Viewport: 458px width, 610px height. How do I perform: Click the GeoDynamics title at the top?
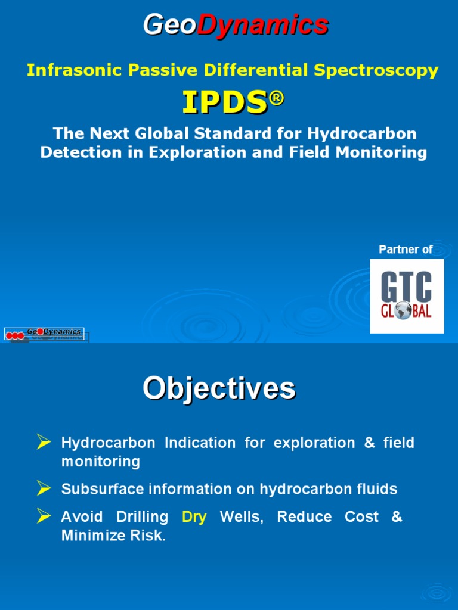coord(235,25)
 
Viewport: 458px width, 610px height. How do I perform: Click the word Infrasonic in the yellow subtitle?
coord(63,70)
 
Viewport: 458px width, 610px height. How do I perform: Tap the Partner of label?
coord(406,250)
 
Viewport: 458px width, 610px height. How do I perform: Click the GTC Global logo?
coord(407,296)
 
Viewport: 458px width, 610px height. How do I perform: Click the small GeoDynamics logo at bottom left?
coord(45,334)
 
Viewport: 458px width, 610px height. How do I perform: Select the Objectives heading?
coord(218,388)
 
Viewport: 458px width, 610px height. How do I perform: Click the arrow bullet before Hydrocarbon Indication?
coord(43,441)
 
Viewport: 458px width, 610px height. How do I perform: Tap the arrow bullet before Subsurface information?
coord(43,488)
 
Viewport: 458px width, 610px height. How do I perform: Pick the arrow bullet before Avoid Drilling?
coord(43,515)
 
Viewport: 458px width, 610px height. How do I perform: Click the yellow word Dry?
coord(194,517)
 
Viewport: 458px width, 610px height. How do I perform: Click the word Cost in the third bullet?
coord(361,517)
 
